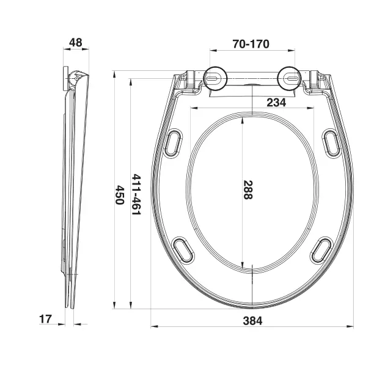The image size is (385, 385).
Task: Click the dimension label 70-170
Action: coord(251,45)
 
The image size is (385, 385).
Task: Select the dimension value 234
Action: coord(276,103)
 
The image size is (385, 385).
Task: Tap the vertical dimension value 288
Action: coord(248,190)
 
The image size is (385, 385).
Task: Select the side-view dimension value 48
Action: coord(76,43)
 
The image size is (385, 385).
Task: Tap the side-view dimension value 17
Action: coord(45,318)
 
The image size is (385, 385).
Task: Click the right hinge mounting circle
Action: coord(289,78)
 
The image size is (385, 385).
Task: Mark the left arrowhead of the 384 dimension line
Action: coord(153,326)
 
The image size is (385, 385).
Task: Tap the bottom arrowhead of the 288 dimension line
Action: coord(243,266)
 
